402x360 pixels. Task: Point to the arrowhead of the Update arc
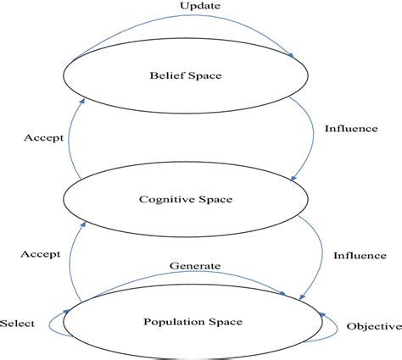293,55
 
